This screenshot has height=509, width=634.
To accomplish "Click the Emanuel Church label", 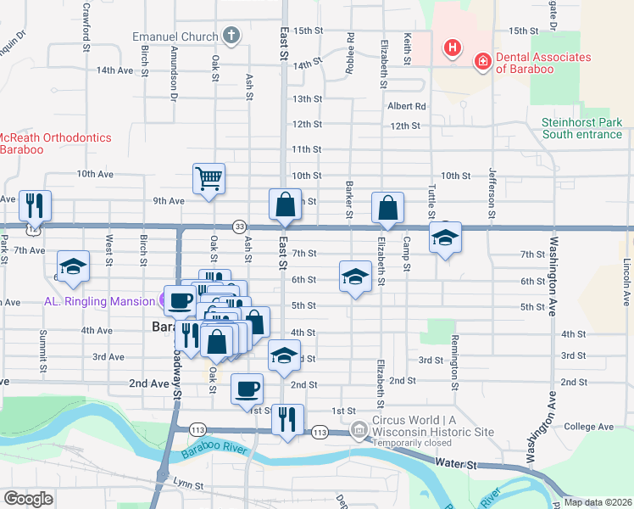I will (175, 36).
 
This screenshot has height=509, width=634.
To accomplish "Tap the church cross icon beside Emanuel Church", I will (231, 36).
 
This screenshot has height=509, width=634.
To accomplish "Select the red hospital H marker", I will (453, 47).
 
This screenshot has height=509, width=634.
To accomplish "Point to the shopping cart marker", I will (209, 179).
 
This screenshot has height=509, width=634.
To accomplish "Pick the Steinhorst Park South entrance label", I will (581, 128).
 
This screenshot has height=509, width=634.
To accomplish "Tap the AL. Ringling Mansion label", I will (101, 300).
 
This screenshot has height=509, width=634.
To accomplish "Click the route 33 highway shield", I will (241, 227).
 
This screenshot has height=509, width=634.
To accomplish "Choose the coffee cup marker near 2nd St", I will (247, 389).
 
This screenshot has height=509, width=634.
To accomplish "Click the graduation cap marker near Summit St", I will (73, 266).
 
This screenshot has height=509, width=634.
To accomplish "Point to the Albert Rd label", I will (407, 106).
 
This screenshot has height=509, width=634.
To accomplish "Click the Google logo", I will (28, 498).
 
